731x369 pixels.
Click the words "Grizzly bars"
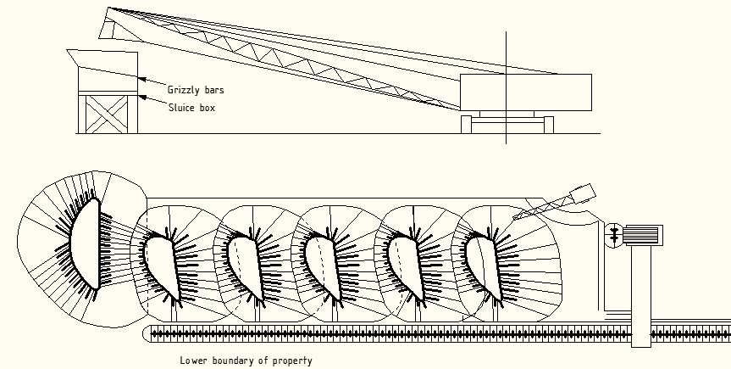[197, 89]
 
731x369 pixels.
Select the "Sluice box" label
[191, 108]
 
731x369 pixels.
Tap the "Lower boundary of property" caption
[246, 361]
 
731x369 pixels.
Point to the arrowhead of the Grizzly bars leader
[141, 78]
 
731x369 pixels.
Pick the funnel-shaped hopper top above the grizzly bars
[102, 59]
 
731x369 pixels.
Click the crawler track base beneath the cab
[507, 125]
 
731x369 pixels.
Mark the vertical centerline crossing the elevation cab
[506, 85]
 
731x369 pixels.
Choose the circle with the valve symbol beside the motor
[614, 233]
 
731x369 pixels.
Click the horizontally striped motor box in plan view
[647, 232]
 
